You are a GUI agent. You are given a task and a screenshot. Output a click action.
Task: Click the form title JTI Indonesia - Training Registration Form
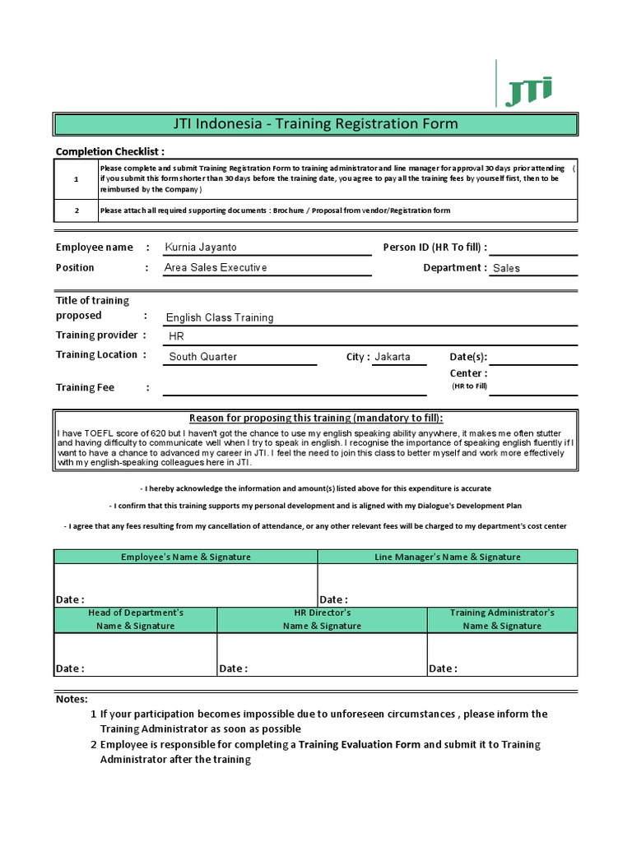(x=315, y=124)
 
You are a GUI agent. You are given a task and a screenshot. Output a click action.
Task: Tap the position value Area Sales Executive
(x=216, y=267)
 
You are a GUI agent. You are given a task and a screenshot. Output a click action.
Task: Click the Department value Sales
(x=506, y=268)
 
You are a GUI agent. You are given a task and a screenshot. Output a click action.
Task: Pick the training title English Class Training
(x=220, y=317)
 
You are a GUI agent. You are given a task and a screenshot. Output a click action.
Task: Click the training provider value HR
(x=176, y=337)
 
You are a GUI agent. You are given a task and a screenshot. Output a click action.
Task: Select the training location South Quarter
(x=202, y=357)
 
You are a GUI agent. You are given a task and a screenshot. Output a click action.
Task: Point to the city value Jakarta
(x=392, y=357)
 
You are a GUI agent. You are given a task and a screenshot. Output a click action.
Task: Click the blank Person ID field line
(x=533, y=248)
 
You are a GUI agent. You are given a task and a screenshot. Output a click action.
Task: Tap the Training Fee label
(x=85, y=387)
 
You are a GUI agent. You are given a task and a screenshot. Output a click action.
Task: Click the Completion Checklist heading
(x=109, y=151)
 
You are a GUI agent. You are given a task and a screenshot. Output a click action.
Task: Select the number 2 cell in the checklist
(x=77, y=210)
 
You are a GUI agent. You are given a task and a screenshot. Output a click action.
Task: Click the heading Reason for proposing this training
(x=316, y=418)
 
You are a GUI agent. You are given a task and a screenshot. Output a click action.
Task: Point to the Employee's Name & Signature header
(x=186, y=557)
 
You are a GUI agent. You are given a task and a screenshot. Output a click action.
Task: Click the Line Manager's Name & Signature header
(x=448, y=557)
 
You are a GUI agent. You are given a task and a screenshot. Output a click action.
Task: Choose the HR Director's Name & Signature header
(x=322, y=619)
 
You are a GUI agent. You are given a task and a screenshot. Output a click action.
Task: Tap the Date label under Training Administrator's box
(x=443, y=669)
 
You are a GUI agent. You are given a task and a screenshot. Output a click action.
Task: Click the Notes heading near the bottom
(x=72, y=698)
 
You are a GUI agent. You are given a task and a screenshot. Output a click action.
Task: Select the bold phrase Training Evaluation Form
(x=360, y=744)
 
